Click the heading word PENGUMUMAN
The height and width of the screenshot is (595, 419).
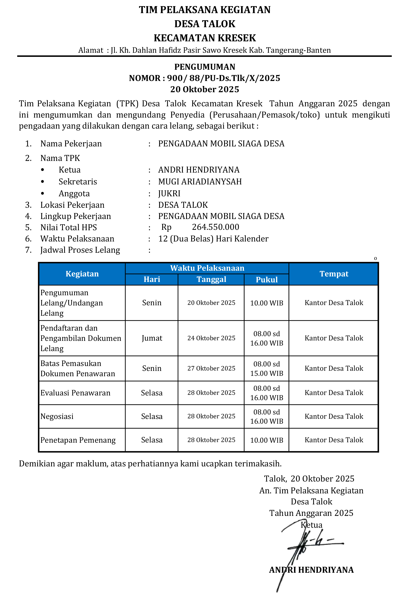[204, 67]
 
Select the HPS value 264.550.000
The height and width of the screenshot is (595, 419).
[216, 227]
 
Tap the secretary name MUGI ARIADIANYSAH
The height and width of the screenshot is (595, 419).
[200, 182]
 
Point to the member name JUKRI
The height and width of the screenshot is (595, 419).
[169, 194]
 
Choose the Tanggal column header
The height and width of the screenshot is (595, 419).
[211, 279]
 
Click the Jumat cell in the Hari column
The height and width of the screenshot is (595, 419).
[152, 338]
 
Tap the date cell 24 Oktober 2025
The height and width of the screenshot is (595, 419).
[211, 338]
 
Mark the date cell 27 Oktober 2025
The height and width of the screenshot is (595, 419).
[211, 368]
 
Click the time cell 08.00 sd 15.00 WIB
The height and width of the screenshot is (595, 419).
[266, 368]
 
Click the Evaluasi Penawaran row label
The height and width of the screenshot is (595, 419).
[75, 393]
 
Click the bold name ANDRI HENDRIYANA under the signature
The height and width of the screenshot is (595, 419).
[311, 570]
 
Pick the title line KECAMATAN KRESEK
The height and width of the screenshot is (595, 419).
[204, 38]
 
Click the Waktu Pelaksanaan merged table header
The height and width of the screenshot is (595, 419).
[207, 268]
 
